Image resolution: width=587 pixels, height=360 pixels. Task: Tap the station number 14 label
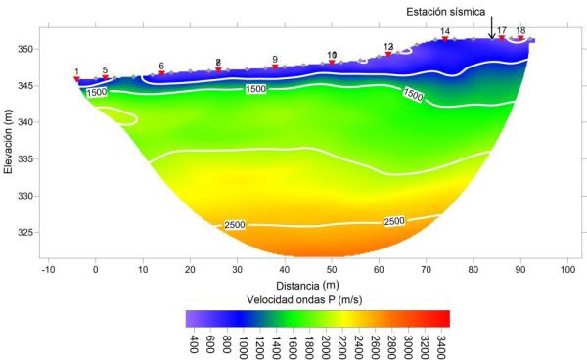(445, 32)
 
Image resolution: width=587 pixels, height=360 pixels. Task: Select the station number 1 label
(76, 71)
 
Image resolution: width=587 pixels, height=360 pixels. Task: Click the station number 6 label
(161, 66)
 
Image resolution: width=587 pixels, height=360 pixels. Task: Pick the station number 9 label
(275, 60)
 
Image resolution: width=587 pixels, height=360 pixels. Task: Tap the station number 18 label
(520, 31)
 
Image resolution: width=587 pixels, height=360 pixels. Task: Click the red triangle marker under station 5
(105, 77)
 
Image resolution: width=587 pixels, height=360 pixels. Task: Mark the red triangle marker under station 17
(502, 38)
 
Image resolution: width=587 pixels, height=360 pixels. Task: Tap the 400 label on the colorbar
(195, 344)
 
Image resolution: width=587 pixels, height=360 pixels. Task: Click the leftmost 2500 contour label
(235, 225)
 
